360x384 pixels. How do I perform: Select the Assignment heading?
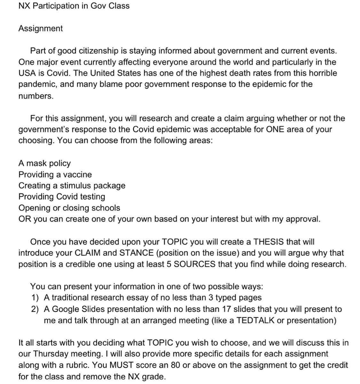(41, 28)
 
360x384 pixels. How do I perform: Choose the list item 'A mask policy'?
(44, 163)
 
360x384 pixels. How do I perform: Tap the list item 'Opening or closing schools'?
(69, 208)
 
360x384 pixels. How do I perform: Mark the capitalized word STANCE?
(137, 253)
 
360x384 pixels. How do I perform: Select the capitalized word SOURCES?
(194, 264)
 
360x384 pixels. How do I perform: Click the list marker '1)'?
(35, 298)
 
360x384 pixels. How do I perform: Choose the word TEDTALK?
(255, 320)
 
